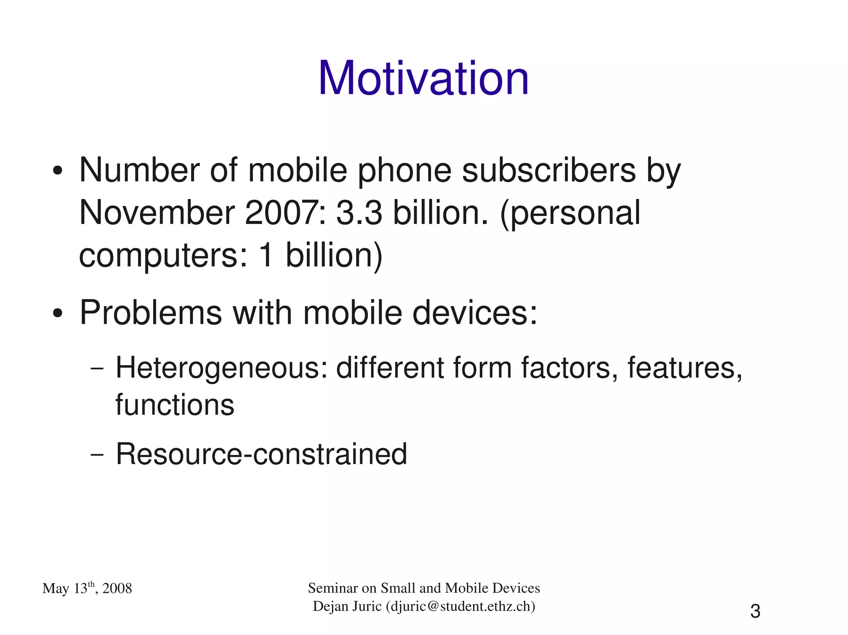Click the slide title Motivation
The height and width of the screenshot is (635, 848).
(423, 79)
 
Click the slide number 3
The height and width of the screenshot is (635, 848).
(755, 611)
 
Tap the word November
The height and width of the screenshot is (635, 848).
(157, 213)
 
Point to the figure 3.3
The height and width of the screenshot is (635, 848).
(359, 213)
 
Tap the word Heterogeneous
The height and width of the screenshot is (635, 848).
(221, 368)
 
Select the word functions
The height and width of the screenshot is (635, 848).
(174, 405)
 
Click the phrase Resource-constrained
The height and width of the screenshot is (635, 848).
(261, 454)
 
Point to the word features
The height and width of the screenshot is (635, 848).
(684, 368)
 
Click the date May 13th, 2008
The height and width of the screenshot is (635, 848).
(87, 588)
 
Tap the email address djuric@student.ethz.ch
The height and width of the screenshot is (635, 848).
(460, 606)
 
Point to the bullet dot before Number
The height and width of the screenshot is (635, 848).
(58, 171)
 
